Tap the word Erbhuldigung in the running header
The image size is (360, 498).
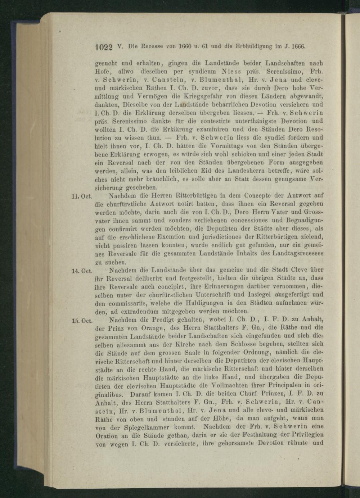[253, 46]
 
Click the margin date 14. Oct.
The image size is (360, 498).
[83, 271]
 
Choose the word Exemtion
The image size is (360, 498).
[165, 237]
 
